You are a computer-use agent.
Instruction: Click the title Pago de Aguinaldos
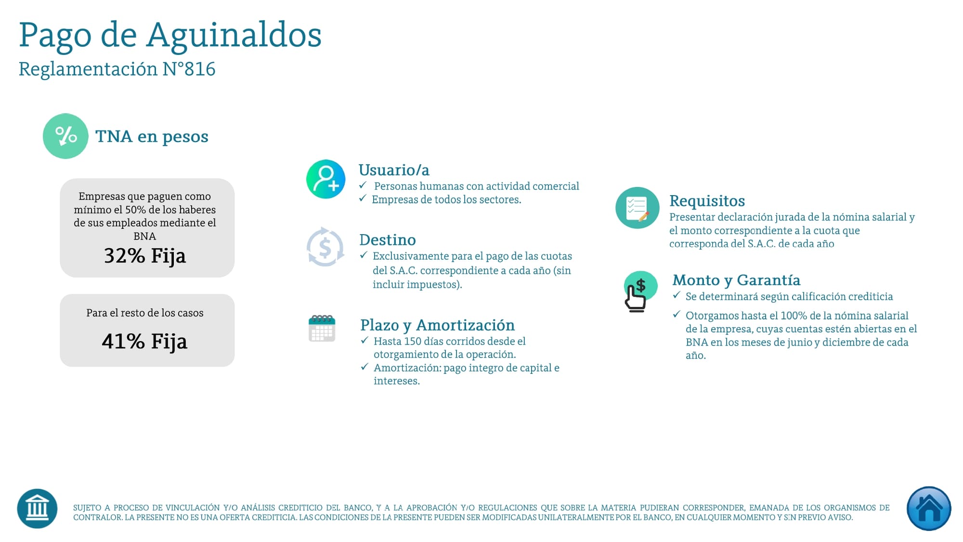pos(170,35)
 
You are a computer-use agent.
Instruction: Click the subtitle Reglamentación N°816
pos(117,69)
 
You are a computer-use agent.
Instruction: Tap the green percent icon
pos(65,136)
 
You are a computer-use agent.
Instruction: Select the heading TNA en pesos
pos(152,136)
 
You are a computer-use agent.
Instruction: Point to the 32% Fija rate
pos(145,255)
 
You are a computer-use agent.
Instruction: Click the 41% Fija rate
pos(144,341)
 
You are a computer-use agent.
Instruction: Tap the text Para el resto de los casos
pos(145,313)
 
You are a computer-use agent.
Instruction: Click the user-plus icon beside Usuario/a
pos(326,179)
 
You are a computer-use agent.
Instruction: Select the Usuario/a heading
pos(394,170)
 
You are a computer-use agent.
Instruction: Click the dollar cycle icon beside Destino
pos(325,247)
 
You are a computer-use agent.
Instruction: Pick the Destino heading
pos(388,240)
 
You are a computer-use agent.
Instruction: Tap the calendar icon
pos(322,329)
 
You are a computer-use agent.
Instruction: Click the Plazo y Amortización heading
pos(437,325)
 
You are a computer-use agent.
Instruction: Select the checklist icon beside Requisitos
pos(637,208)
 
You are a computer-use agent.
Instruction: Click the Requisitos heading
pos(707,201)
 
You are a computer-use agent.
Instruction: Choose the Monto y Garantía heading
pos(736,280)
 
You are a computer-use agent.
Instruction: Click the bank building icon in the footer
pos(37,509)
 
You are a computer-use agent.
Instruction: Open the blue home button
pos(928,509)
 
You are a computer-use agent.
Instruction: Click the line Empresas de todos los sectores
pos(446,200)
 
